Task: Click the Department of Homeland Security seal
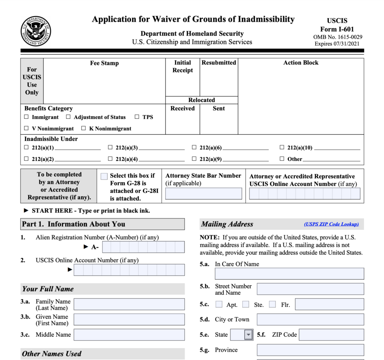(x=36, y=31)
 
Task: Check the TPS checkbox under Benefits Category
(x=137, y=117)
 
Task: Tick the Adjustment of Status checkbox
(x=68, y=117)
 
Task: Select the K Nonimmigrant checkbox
(x=84, y=128)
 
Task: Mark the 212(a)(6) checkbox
(x=194, y=148)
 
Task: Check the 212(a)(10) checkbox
(x=282, y=148)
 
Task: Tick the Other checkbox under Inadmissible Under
(x=282, y=159)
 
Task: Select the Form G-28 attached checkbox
(x=104, y=176)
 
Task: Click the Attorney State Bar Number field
(x=204, y=193)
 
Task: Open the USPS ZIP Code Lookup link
(x=331, y=224)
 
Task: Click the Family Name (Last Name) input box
(x=129, y=304)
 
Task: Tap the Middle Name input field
(x=129, y=335)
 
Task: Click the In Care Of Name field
(x=289, y=274)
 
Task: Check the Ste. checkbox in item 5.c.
(x=246, y=304)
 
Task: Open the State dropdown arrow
(x=248, y=335)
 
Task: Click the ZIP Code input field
(x=331, y=335)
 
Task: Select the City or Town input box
(x=310, y=319)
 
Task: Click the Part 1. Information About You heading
(x=73, y=224)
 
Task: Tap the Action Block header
(x=301, y=63)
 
